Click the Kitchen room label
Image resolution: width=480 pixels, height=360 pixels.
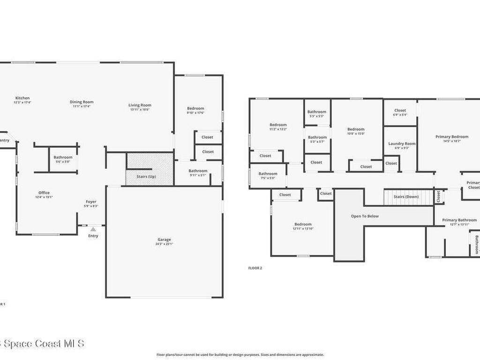pyautogui.click(x=22, y=98)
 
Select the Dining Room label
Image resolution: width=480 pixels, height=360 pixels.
pyautogui.click(x=82, y=102)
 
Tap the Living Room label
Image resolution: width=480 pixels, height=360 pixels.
pyautogui.click(x=140, y=105)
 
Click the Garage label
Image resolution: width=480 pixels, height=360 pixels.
pyautogui.click(x=164, y=239)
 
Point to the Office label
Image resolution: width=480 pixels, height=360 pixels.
pyautogui.click(x=44, y=193)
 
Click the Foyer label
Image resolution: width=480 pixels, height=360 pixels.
pyautogui.click(x=91, y=202)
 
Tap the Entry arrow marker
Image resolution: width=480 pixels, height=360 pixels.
pyautogui.click(x=93, y=229)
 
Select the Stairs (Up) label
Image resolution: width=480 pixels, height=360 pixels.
pyautogui.click(x=146, y=176)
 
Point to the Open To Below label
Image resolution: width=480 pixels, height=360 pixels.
pyautogui.click(x=365, y=216)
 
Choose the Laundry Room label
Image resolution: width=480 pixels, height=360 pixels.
pyautogui.click(x=402, y=143)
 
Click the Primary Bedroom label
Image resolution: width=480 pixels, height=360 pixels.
pyautogui.click(x=452, y=137)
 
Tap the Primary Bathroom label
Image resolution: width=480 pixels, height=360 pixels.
pyautogui.click(x=459, y=220)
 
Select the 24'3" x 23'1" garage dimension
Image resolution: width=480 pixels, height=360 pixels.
pyautogui.click(x=165, y=244)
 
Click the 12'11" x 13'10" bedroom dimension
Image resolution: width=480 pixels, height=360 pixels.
pyautogui.click(x=303, y=229)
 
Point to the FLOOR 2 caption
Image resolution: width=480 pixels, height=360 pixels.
pyautogui.click(x=255, y=268)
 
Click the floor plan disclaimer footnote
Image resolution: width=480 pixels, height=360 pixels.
pyautogui.click(x=240, y=355)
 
